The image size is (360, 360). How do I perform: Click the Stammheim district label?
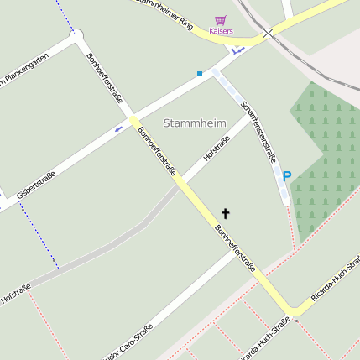[195, 123]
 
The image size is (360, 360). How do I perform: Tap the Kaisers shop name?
[221, 31]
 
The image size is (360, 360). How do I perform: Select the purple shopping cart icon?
[220, 19]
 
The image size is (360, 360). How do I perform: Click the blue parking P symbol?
[286, 177]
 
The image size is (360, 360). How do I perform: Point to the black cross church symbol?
[225, 214]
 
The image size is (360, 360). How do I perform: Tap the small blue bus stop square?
[200, 74]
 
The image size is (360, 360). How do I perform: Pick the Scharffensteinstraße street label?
[258, 131]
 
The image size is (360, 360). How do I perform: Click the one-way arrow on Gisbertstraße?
[117, 129]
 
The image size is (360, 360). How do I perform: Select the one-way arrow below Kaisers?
[238, 50]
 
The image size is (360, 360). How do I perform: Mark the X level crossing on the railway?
[268, 34]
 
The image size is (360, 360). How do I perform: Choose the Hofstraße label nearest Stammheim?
[217, 149]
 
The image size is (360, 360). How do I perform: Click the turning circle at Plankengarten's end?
[77, 35]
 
